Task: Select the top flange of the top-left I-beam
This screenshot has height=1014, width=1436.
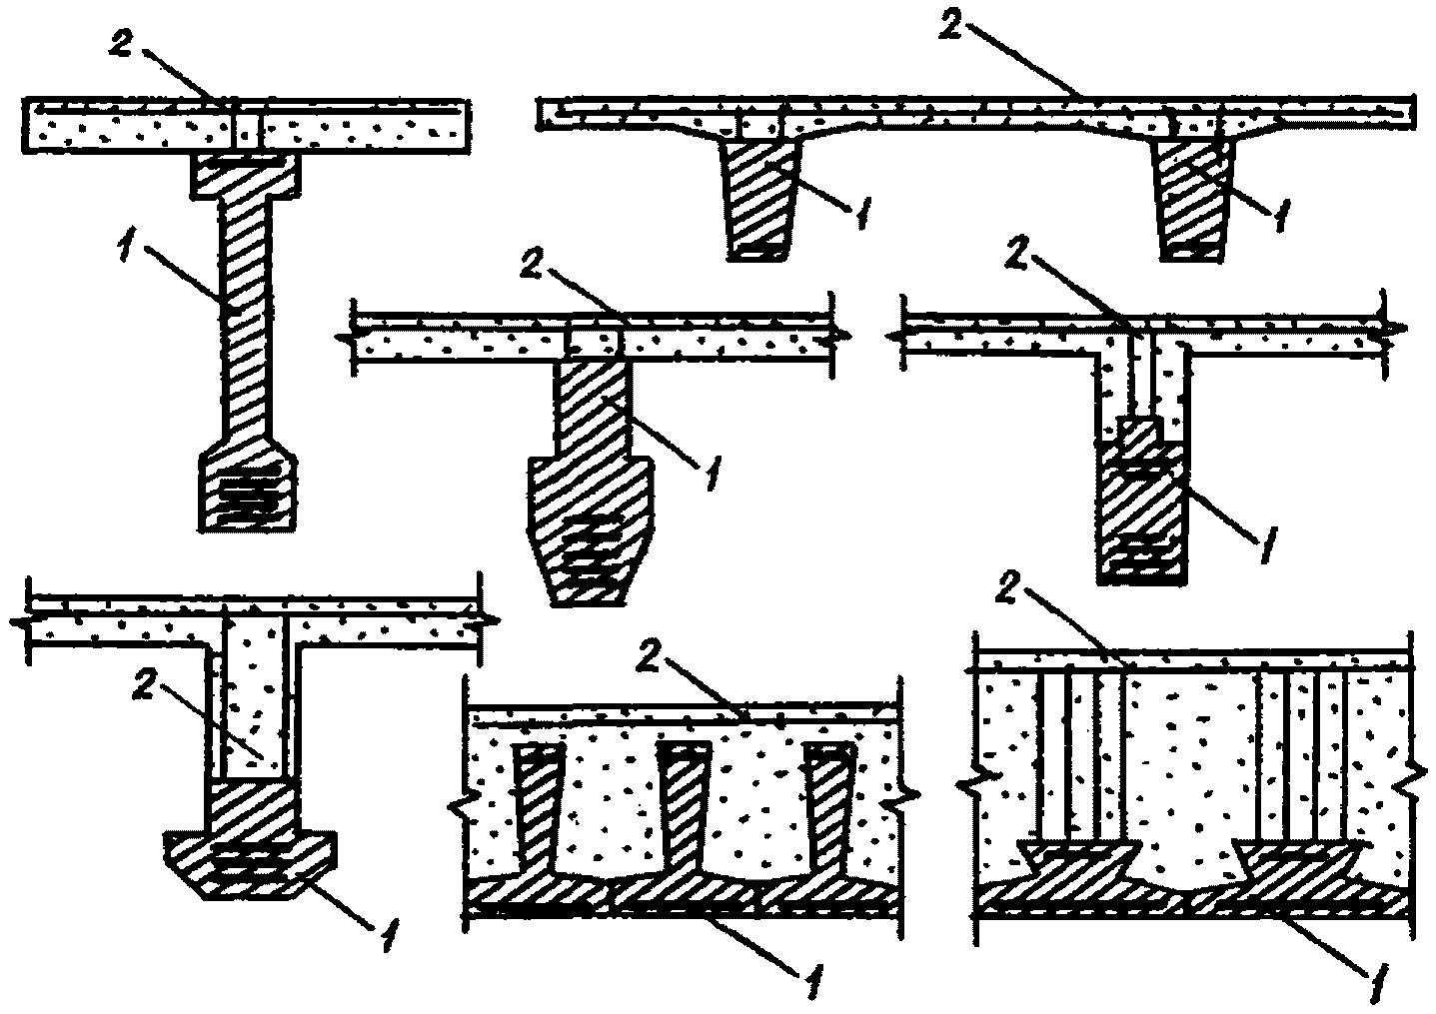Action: [x=246, y=176]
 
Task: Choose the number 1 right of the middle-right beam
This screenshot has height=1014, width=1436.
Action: [x=1264, y=548]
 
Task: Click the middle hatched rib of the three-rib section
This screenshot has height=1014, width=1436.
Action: [x=683, y=809]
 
